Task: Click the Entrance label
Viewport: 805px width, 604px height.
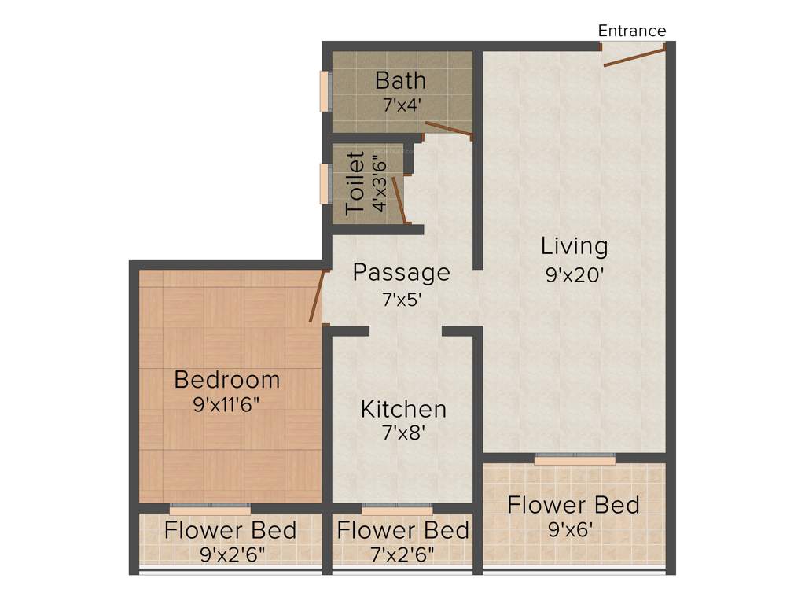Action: pos(632,31)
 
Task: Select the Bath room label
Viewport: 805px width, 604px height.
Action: pos(400,80)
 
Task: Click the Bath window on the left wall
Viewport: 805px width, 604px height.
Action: pos(324,92)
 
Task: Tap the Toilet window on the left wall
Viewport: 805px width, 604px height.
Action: pos(324,183)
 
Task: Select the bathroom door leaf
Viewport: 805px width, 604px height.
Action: pos(448,131)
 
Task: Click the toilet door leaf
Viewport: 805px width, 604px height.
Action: pos(399,200)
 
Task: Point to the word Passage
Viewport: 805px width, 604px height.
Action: pos(401,273)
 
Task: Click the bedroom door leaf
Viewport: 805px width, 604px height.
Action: pos(317,296)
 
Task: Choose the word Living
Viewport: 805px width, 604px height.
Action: pos(574,246)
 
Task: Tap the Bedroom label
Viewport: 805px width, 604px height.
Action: pos(226,380)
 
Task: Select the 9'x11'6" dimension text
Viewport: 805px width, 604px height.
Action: pos(226,405)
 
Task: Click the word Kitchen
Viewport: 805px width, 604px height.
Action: pos(403,409)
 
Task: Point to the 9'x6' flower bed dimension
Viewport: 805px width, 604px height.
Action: pos(573,529)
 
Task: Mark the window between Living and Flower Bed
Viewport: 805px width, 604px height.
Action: pos(575,459)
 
